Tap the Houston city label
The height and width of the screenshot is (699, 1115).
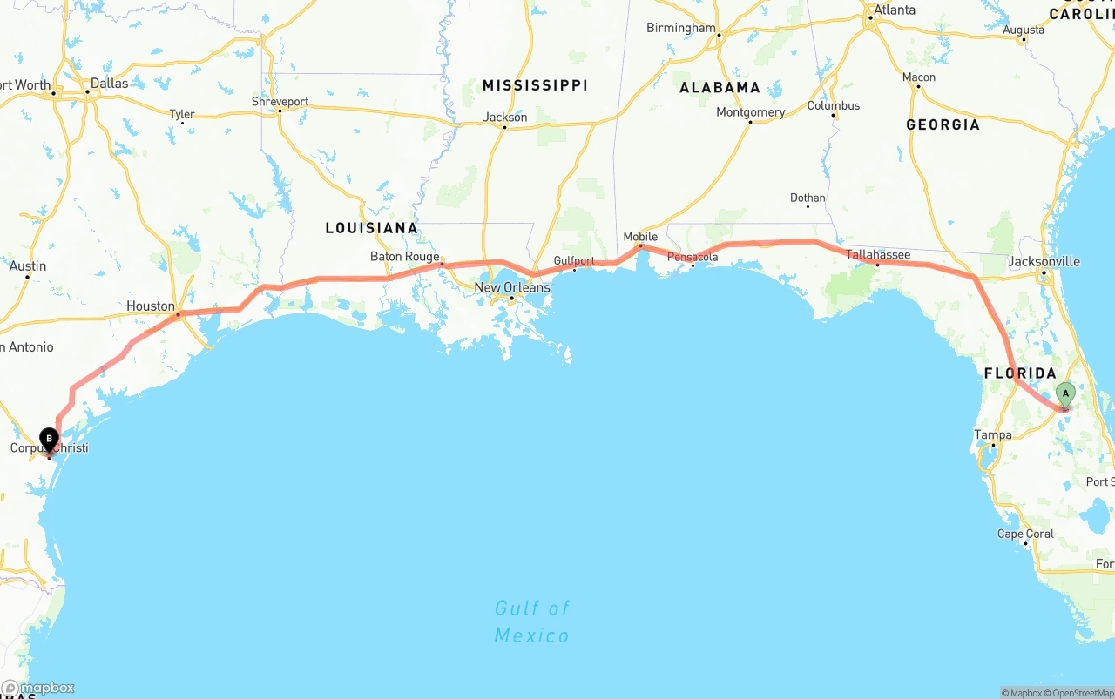pyautogui.click(x=151, y=306)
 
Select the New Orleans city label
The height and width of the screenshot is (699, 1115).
pyautogui.click(x=512, y=287)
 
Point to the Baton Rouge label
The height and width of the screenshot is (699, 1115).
pyautogui.click(x=404, y=257)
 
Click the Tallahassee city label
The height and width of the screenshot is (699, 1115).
pyautogui.click(x=878, y=255)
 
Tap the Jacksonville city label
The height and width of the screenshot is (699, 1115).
pyautogui.click(x=1044, y=261)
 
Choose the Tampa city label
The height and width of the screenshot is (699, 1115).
pyautogui.click(x=993, y=434)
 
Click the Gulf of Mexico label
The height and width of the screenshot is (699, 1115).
pyautogui.click(x=531, y=622)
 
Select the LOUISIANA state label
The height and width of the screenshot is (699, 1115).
pyautogui.click(x=372, y=228)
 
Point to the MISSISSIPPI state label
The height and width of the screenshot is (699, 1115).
pyautogui.click(x=535, y=85)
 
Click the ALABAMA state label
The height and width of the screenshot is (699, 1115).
pyautogui.click(x=720, y=87)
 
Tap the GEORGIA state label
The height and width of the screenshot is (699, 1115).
pyautogui.click(x=943, y=124)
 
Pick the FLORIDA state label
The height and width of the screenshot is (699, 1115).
pyautogui.click(x=1020, y=373)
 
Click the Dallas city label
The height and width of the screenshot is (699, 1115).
pyautogui.click(x=109, y=84)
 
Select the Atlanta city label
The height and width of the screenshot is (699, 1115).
pyautogui.click(x=895, y=10)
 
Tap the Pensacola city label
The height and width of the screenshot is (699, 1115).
pyautogui.click(x=693, y=257)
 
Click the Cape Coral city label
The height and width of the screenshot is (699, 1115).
pyautogui.click(x=1025, y=534)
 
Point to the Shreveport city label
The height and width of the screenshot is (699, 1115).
pyautogui.click(x=280, y=102)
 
